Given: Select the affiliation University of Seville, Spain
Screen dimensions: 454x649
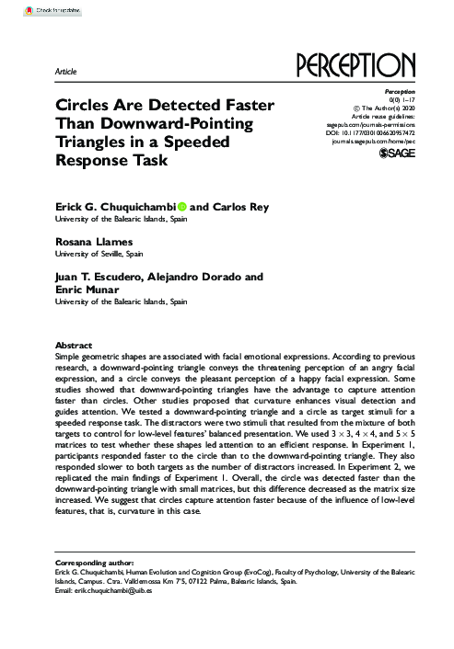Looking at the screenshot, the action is tap(99, 251).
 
